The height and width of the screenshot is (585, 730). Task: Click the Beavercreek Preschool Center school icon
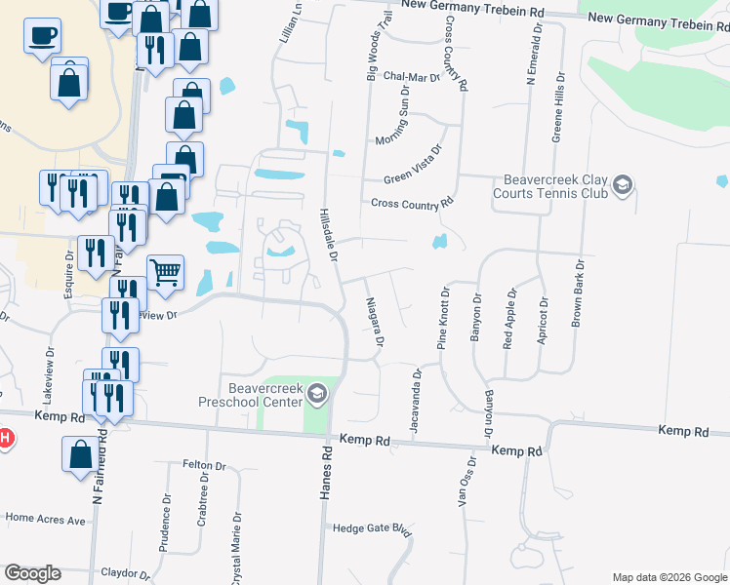pyautogui.click(x=316, y=394)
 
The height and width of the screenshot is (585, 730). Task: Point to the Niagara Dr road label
pyautogui.click(x=373, y=326)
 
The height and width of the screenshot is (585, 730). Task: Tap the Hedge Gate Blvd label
pyautogui.click(x=371, y=528)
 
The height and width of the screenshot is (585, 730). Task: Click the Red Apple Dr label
pyautogui.click(x=507, y=318)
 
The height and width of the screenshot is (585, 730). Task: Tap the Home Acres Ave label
pyautogui.click(x=46, y=519)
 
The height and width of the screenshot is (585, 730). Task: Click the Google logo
pyautogui.click(x=32, y=573)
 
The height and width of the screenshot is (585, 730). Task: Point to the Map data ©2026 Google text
pyautogui.click(x=669, y=577)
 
